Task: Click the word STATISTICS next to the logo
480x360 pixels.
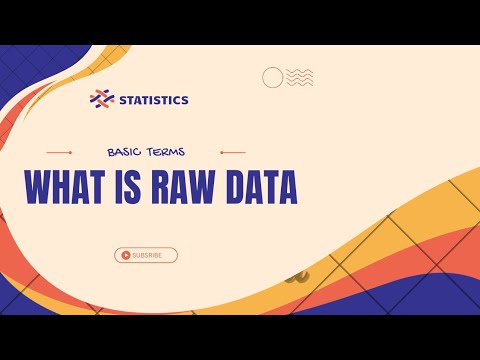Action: [x=153, y=99]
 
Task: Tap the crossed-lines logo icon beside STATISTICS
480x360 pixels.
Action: [x=102, y=99]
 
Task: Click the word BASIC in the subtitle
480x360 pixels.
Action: [x=127, y=153]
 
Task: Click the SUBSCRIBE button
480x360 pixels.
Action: [x=146, y=255]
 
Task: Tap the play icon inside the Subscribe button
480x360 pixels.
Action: [x=125, y=255]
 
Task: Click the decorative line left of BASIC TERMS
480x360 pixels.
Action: [x=59, y=153]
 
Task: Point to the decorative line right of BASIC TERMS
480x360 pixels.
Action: [x=232, y=153]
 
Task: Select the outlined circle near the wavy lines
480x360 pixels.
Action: [x=273, y=77]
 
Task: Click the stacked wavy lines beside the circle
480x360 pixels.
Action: [x=300, y=77]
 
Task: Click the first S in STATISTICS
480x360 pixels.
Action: [x=123, y=99]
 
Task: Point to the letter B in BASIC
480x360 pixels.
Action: [x=110, y=153]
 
